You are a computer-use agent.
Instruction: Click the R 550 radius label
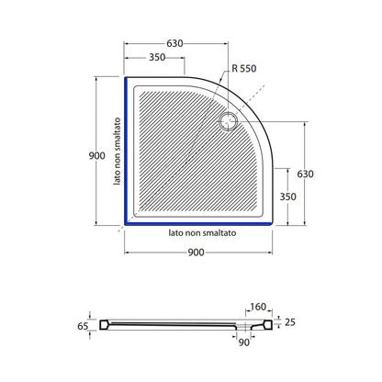click(244, 68)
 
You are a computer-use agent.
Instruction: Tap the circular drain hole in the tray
click(229, 122)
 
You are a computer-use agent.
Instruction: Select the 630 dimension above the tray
click(174, 43)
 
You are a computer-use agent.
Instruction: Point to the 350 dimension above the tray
click(157, 57)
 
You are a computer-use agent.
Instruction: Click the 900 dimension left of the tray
click(96, 155)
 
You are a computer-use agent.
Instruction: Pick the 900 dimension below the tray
click(196, 253)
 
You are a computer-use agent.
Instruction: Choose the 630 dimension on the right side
click(305, 174)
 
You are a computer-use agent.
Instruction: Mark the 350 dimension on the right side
click(287, 197)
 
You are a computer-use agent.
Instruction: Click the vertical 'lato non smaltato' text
click(117, 152)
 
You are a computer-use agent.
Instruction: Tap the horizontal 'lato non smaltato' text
click(202, 233)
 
